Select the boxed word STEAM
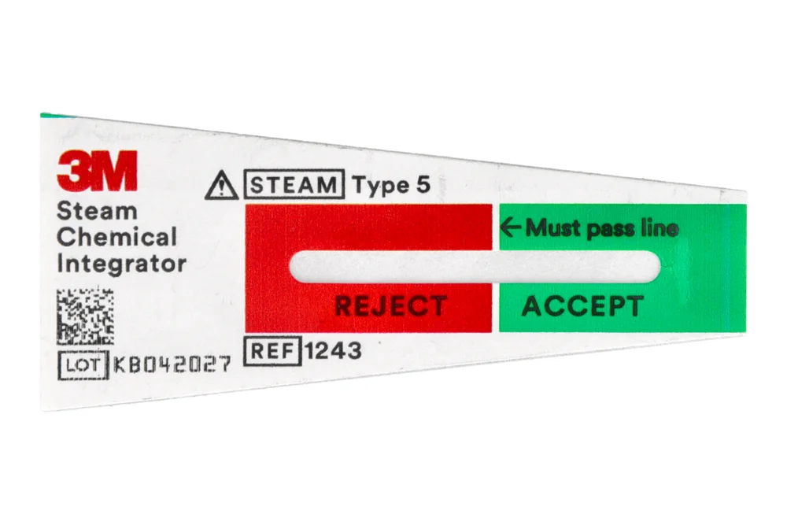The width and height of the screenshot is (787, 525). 294,186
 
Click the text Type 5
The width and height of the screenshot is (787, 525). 391,186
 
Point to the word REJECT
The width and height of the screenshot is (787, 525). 390,305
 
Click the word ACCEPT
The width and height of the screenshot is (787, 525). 582,306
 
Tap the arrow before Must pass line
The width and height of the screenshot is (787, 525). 511,228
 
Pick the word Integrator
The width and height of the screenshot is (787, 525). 121,263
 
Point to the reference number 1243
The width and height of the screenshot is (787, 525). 333,350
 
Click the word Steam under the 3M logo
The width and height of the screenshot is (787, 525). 87,211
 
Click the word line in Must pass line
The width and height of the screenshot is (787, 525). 660,228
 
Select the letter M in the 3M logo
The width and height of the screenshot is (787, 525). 114,170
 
